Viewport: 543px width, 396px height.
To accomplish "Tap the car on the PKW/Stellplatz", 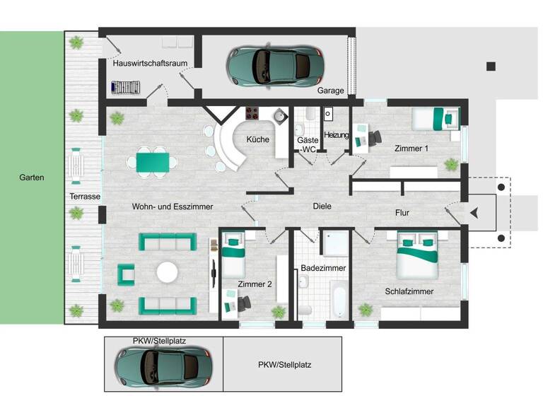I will click(162, 365).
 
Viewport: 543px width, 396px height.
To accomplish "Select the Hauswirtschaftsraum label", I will click(150, 63).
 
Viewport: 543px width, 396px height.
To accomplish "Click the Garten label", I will click(32, 177).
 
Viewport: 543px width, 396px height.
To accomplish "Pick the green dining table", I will click(152, 162).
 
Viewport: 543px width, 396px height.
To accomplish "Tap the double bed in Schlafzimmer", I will click(418, 256).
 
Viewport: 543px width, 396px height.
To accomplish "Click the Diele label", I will click(322, 206).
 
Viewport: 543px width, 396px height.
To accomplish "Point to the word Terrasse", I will click(85, 196).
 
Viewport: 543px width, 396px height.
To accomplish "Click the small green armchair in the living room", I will click(127, 274).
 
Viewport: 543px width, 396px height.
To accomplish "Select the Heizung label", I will click(337, 135).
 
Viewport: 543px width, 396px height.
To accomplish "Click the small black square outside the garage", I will click(491, 66).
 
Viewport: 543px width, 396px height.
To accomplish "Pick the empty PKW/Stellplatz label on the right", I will click(284, 365).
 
